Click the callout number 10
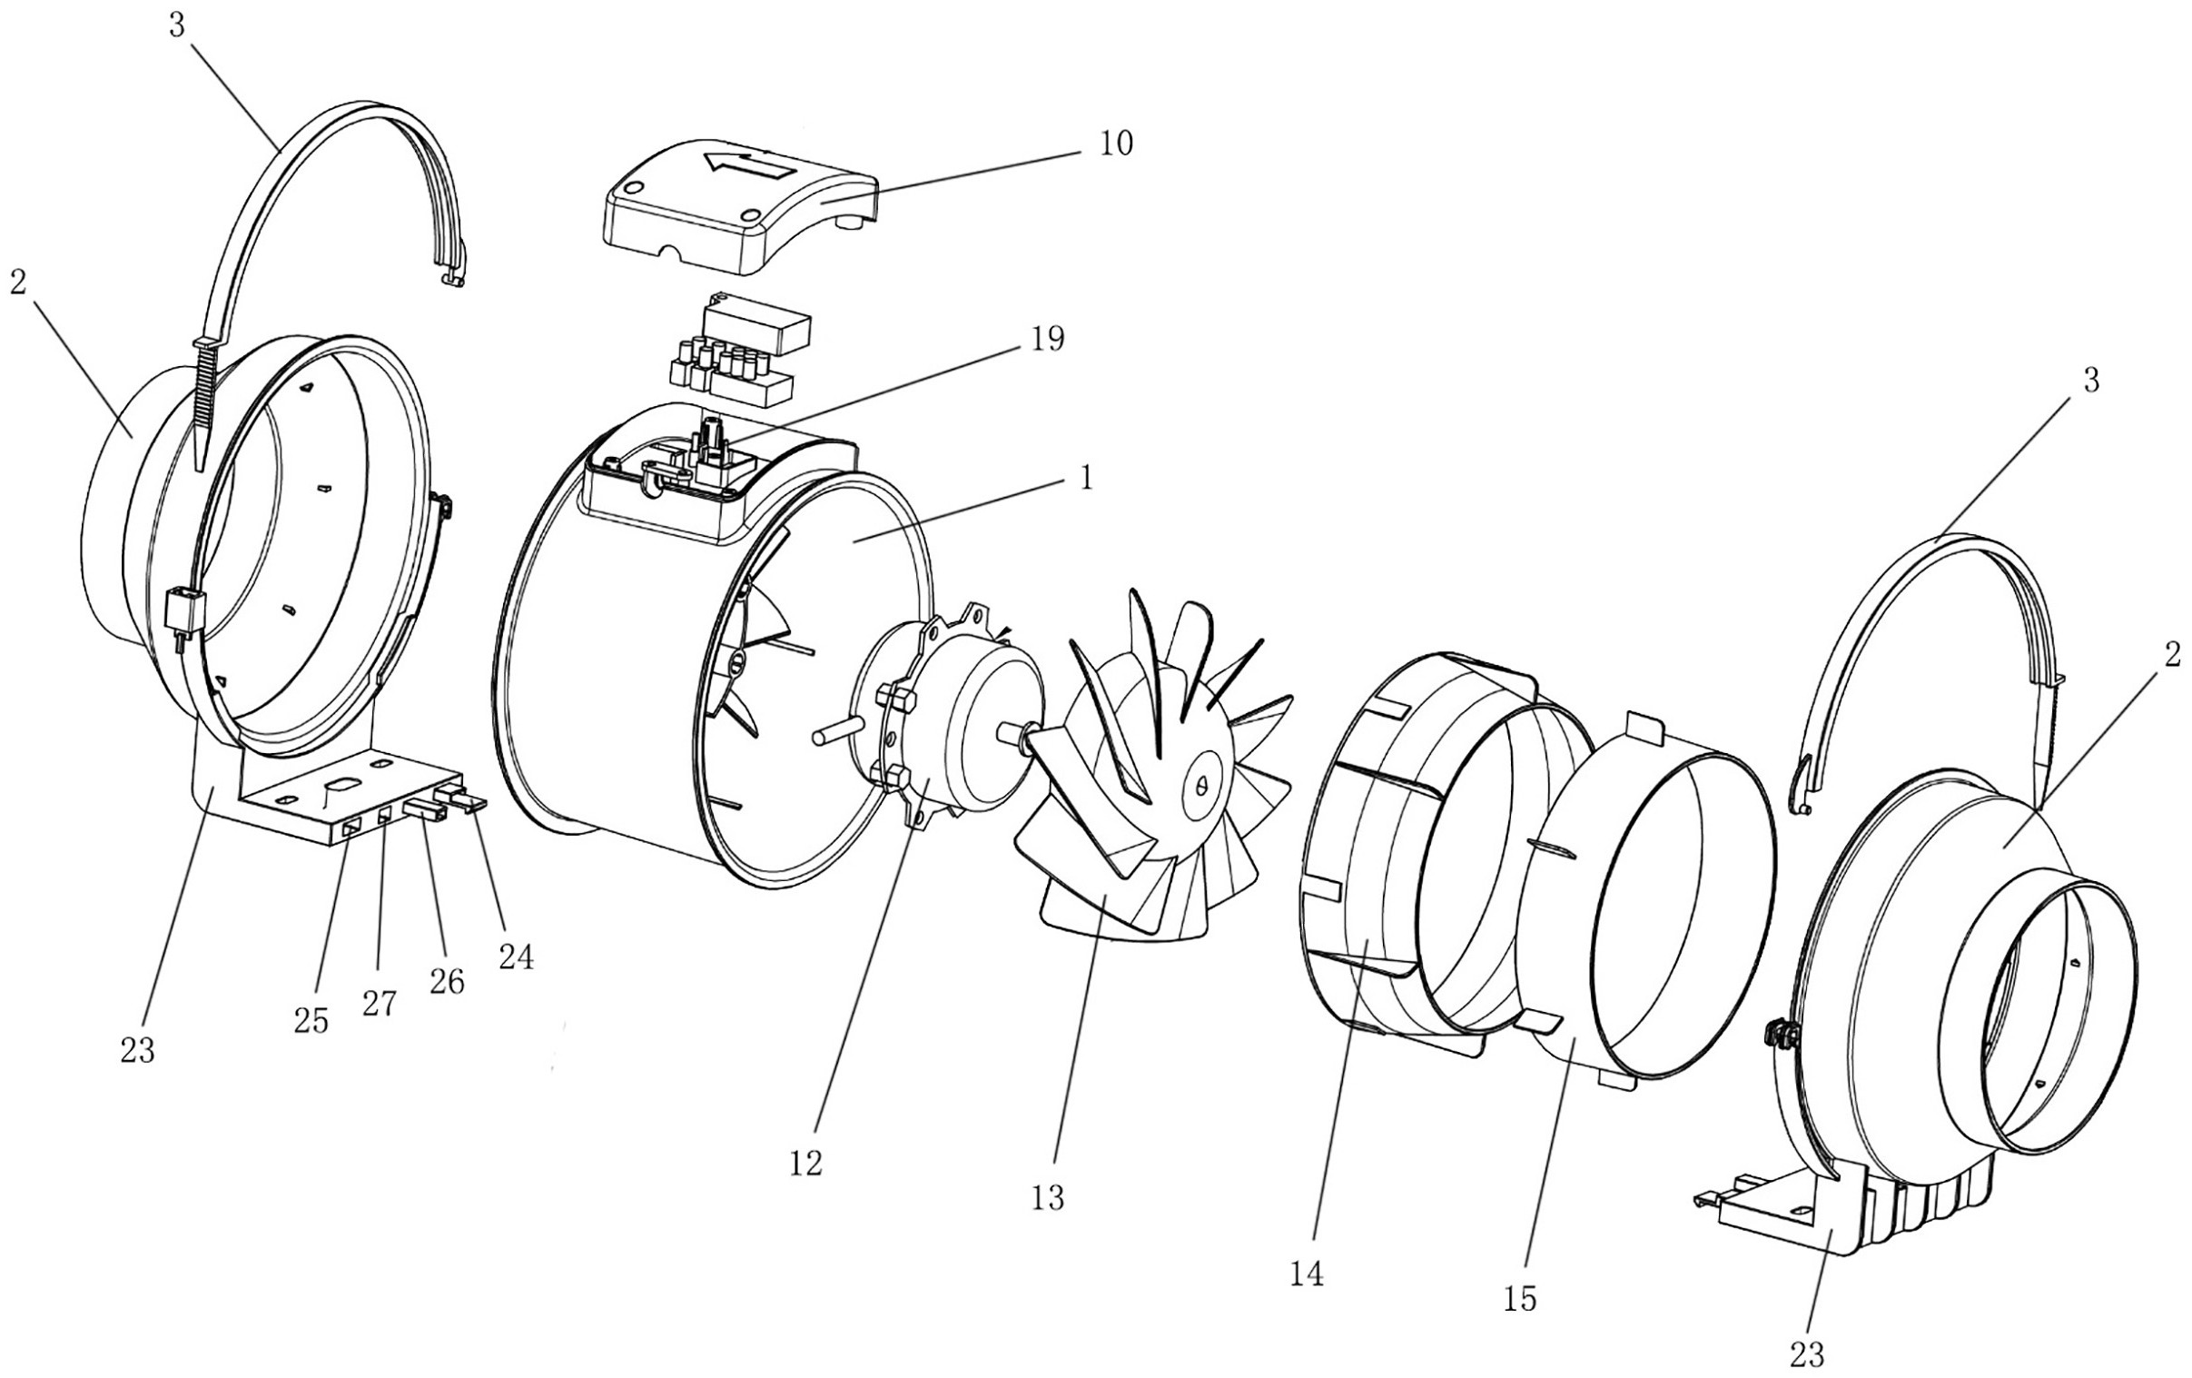(1115, 144)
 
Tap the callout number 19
(1046, 339)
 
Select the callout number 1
(1085, 478)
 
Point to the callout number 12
(805, 1163)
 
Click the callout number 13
(1048, 1198)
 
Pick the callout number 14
(1307, 1274)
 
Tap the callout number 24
(515, 957)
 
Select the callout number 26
(446, 981)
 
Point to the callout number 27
(380, 1004)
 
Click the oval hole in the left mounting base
(344, 783)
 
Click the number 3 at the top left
(175, 25)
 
